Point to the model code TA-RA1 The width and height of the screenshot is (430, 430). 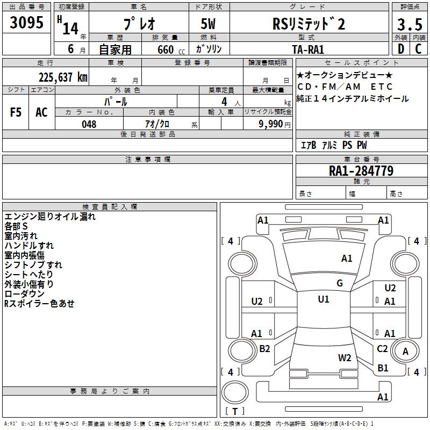(308, 48)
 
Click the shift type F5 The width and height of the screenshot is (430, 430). (16, 112)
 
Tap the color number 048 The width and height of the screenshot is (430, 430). (89, 124)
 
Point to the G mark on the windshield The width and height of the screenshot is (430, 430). (340, 283)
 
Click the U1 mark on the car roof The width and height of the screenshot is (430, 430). (324, 299)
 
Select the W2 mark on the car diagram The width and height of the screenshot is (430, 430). (345, 357)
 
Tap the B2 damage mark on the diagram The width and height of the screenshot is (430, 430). (264, 349)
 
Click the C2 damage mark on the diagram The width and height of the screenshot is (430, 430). (382, 349)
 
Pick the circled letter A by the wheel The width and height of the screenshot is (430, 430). (406, 352)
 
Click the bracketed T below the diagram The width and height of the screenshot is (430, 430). (235, 412)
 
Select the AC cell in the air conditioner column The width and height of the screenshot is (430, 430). (41, 112)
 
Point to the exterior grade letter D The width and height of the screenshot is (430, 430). (400, 49)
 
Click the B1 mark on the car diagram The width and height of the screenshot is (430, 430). (383, 368)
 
